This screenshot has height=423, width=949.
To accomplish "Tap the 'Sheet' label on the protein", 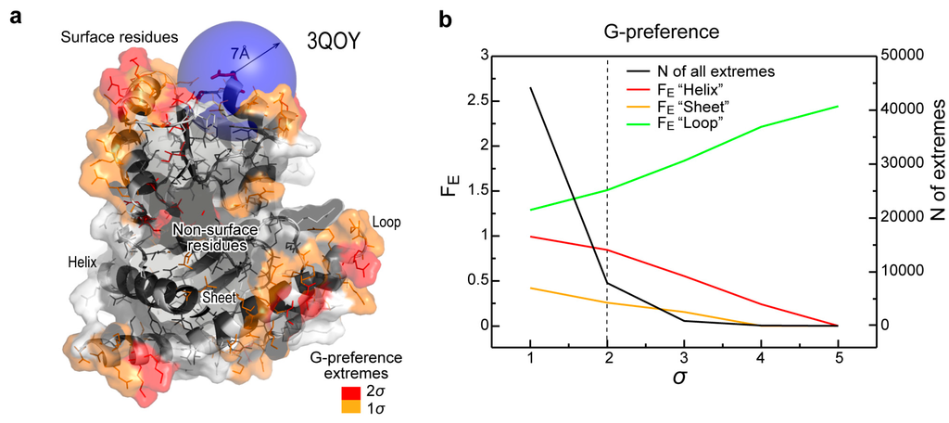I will point(220,298).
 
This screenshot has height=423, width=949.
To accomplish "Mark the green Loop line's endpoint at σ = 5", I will point(838,106).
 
